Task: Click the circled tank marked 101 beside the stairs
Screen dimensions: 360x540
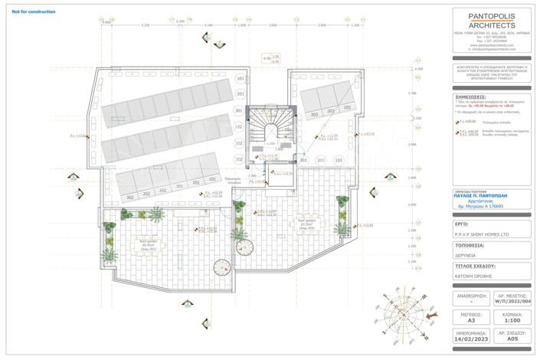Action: (x=240, y=80)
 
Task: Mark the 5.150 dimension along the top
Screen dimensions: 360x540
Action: (x=145, y=26)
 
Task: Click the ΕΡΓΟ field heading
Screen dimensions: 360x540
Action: (x=462, y=225)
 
